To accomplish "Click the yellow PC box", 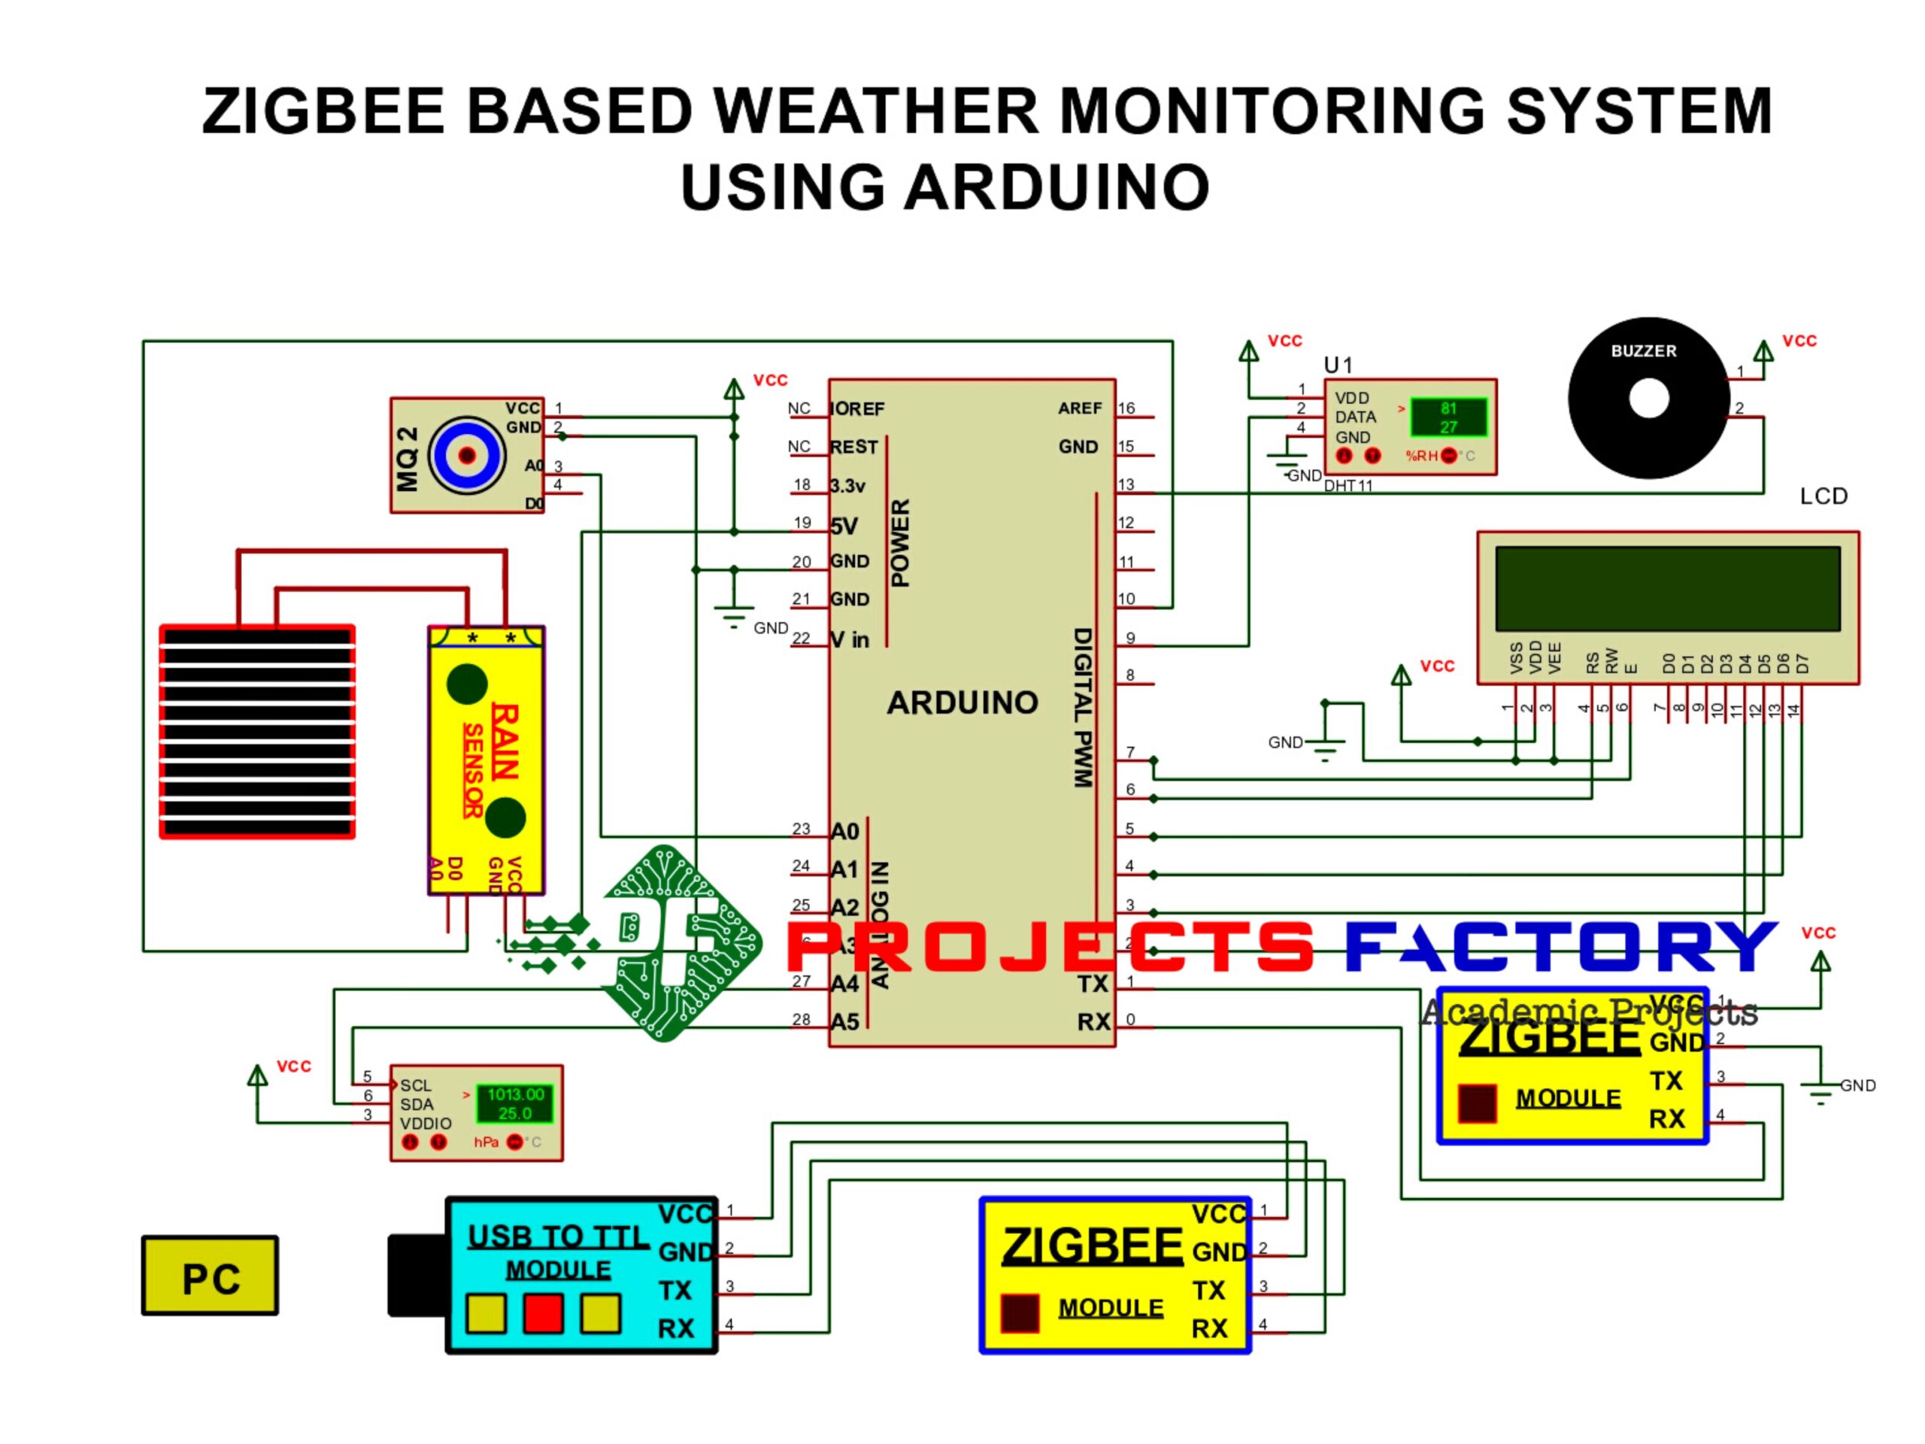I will pos(210,1276).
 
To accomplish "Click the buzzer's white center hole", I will pos(1648,399).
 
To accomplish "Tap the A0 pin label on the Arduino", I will pos(844,831).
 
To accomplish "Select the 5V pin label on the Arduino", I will pos(843,526).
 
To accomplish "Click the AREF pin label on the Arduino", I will pos(1079,408).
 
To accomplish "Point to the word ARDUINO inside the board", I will pos(962,702).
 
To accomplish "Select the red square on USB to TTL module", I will pos(543,1313).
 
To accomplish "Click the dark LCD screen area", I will pos(1666,588).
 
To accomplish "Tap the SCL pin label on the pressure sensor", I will pos(415,1085).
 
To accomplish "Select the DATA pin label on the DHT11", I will pos(1355,417).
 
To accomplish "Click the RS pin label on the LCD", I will pos(1592,663).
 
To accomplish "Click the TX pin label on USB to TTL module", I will pos(675,1290).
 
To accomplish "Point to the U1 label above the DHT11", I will pos(1338,365).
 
